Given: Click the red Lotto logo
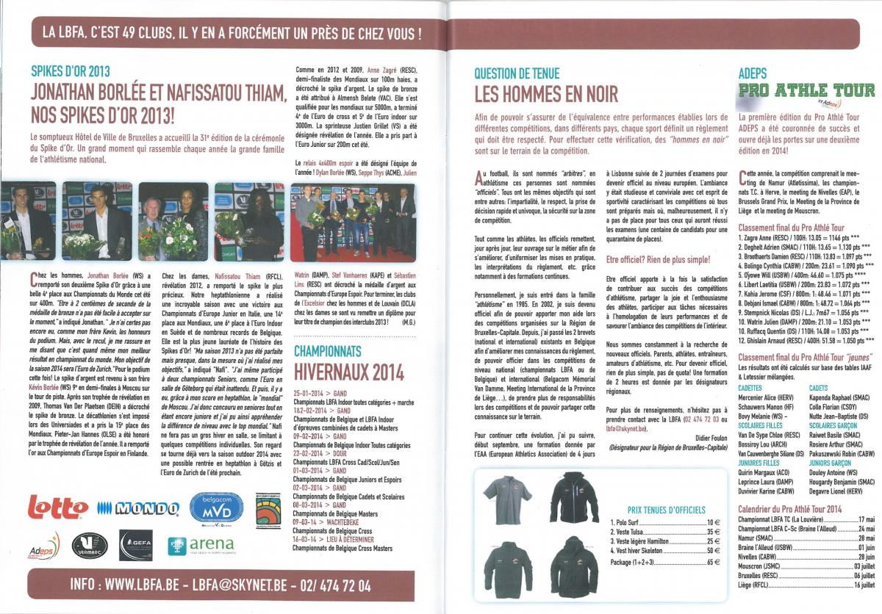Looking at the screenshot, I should (57, 508).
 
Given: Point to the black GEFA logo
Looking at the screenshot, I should (135, 544).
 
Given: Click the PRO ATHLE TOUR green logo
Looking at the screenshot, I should (806, 92).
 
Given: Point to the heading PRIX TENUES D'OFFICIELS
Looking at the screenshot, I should (666, 509).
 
